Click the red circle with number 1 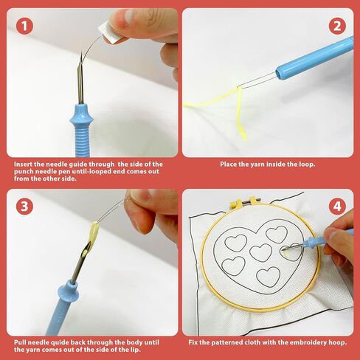(x=25, y=27)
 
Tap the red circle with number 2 (x=338, y=27)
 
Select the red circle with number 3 (x=25, y=206)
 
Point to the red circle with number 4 (x=338, y=206)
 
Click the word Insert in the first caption (x=23, y=165)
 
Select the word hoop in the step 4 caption (x=332, y=343)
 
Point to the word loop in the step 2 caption (x=305, y=165)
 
